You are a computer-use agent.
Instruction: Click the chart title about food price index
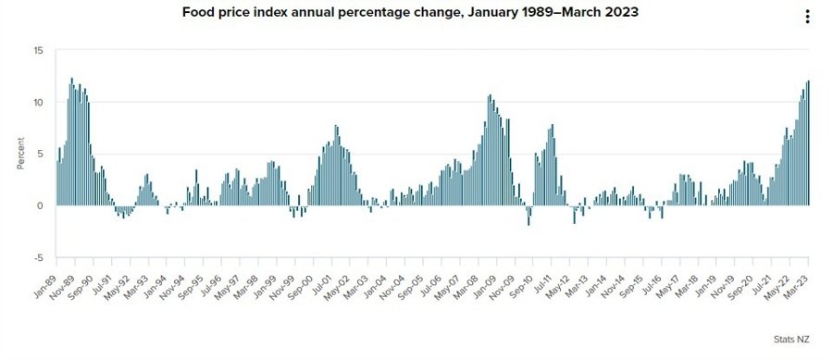pos(416,14)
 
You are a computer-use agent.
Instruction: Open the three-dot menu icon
pos(807,16)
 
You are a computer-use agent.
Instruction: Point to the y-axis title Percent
pos(20,154)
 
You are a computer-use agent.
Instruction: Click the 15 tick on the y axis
pos(38,50)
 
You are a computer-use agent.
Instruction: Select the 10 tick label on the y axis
pos(38,102)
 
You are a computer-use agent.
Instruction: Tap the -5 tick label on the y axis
pos(38,257)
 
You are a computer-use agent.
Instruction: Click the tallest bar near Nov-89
pos(71,139)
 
